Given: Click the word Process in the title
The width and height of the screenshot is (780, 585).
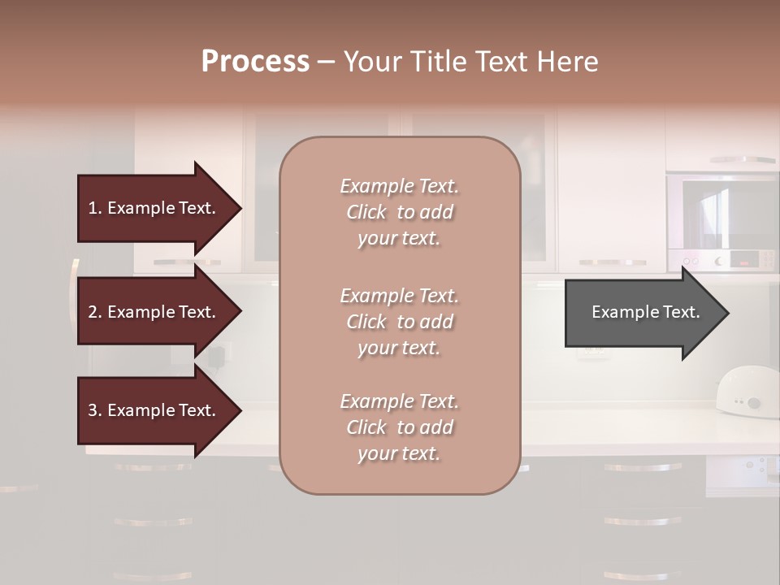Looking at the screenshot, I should [255, 62].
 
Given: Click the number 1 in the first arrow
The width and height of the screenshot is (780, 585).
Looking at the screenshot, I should [92, 208].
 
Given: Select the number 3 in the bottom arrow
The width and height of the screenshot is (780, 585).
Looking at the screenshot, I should [92, 410].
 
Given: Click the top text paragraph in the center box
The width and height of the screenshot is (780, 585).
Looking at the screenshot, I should [399, 212].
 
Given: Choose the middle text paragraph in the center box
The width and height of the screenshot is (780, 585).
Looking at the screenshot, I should [399, 322].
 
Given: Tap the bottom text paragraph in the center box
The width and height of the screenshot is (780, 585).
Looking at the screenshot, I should [399, 427].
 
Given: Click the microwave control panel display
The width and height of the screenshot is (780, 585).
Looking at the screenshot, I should [743, 260].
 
